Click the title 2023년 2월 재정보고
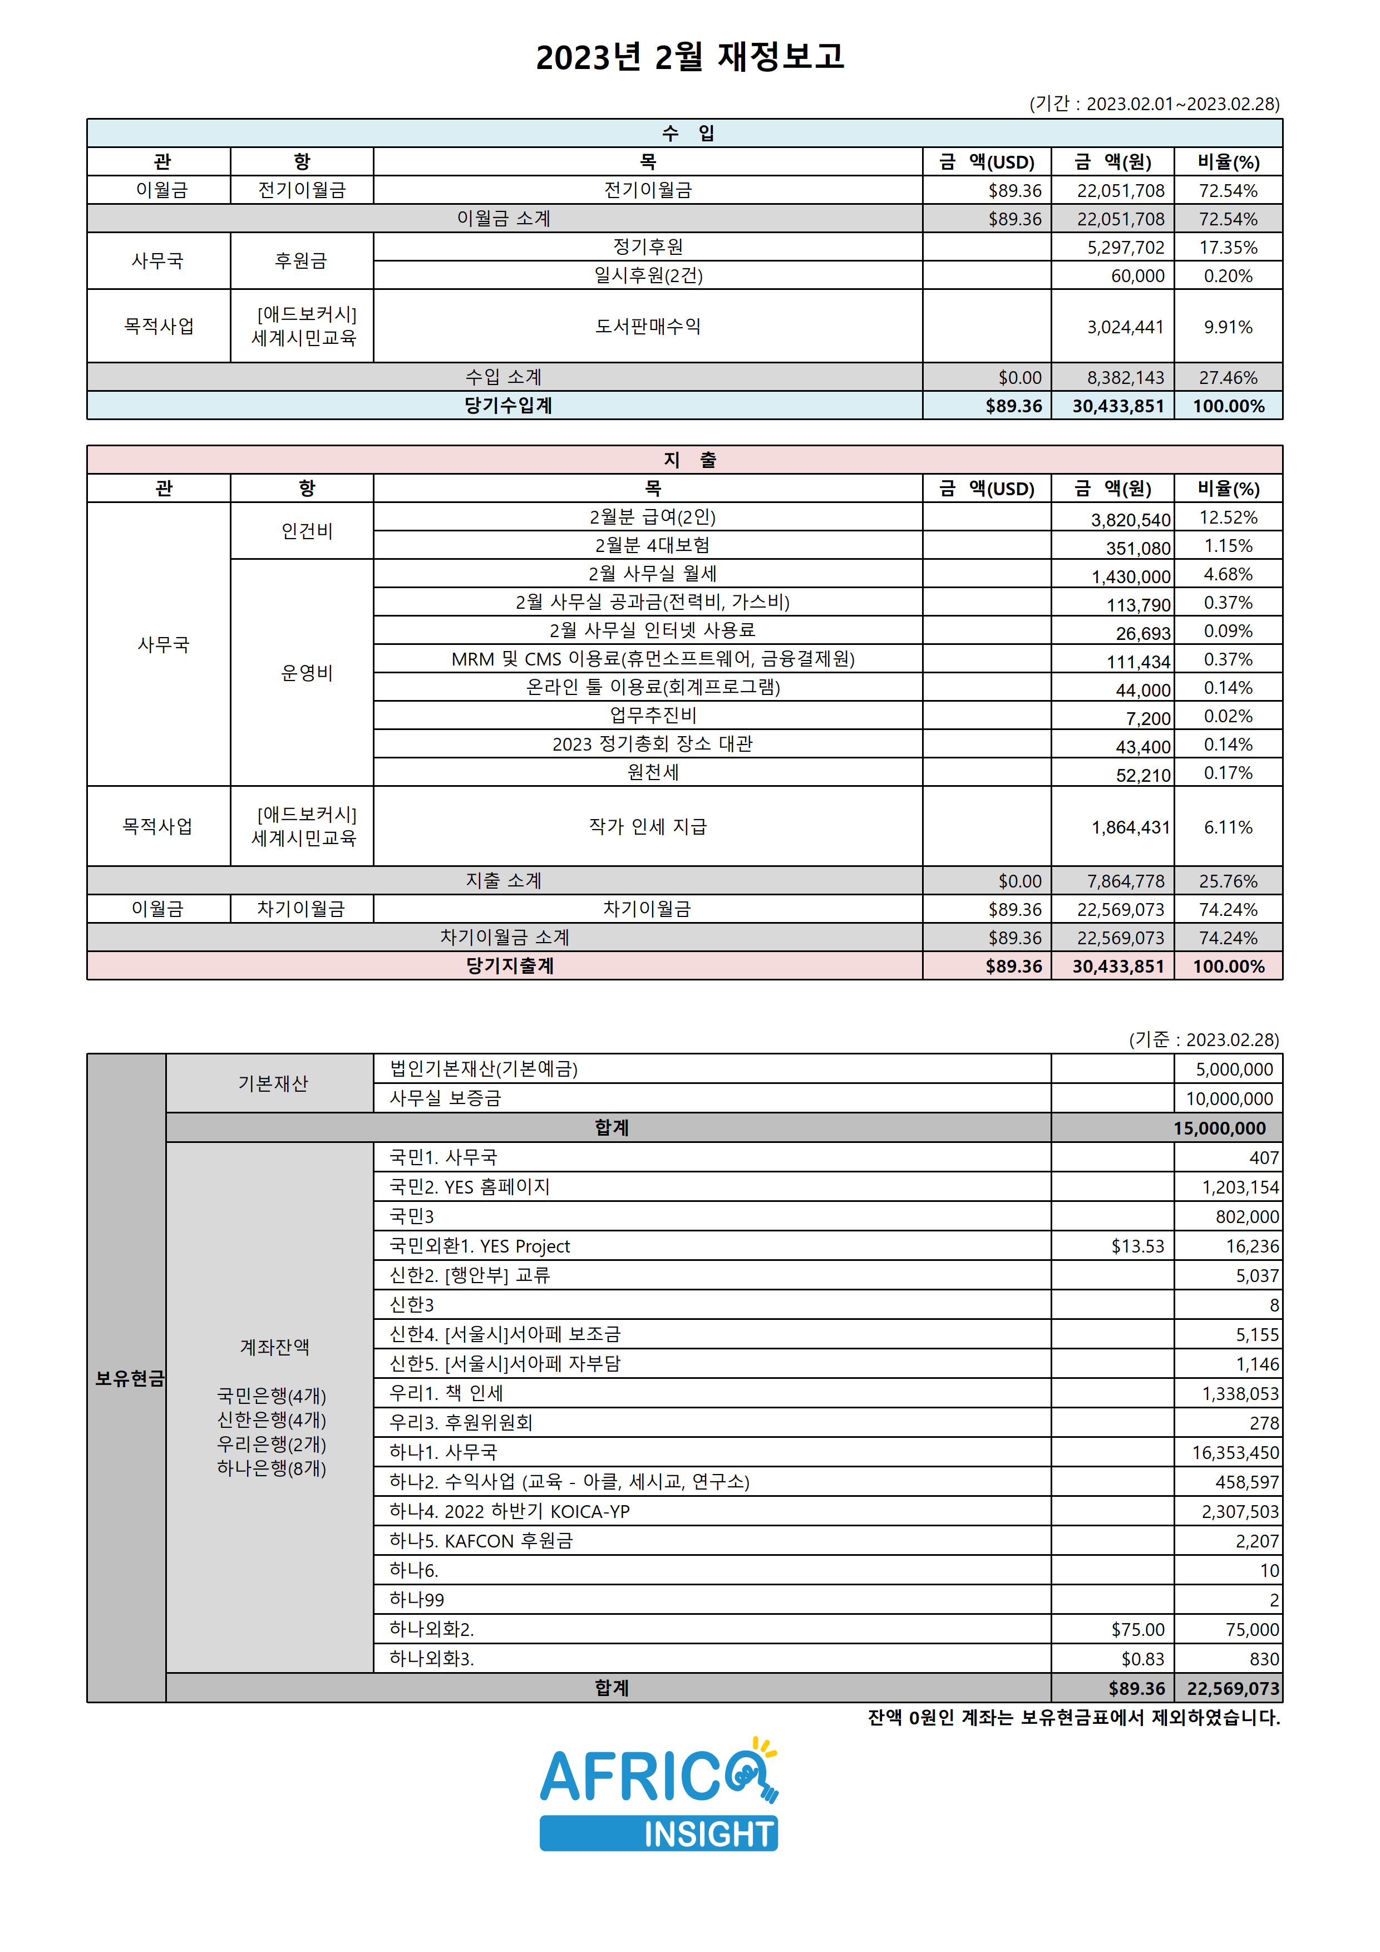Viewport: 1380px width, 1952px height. click(x=689, y=57)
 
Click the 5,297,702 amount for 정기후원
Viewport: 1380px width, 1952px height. click(x=1125, y=248)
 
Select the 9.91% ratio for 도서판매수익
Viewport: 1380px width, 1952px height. click(x=1228, y=327)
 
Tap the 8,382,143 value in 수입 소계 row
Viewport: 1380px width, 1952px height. click(x=1125, y=377)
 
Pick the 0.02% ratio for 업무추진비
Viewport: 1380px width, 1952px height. click(x=1228, y=716)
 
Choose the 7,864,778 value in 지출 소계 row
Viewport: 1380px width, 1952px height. click(x=1125, y=881)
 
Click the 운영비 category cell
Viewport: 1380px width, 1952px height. click(x=307, y=673)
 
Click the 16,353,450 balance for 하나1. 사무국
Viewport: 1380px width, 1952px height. click(x=1235, y=1453)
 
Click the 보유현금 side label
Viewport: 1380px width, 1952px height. click(x=129, y=1378)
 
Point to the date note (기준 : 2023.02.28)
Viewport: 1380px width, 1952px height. click(x=1203, y=1040)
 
